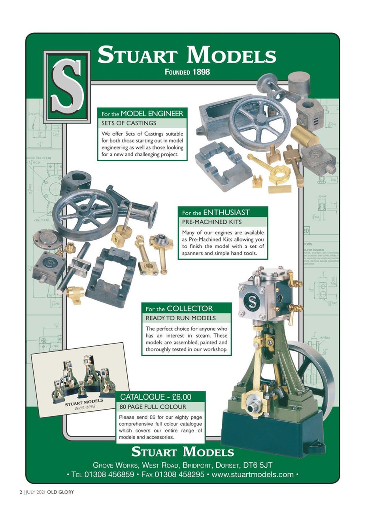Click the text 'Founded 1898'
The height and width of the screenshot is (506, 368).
point(187,72)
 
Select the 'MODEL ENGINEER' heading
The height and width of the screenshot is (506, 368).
point(152,114)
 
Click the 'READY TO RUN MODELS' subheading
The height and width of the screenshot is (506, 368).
point(175,318)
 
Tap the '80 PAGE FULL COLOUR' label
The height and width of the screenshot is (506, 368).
point(153,406)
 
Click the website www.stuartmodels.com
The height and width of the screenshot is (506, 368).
point(253,474)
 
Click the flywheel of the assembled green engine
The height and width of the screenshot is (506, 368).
point(316,376)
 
